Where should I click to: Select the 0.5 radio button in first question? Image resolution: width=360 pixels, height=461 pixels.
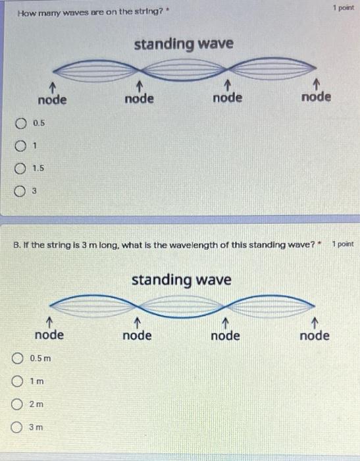point(22,122)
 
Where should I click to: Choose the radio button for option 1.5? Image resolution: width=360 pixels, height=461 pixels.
point(22,169)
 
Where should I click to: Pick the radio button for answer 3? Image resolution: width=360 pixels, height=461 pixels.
point(22,192)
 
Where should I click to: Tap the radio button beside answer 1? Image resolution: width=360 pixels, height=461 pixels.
point(22,146)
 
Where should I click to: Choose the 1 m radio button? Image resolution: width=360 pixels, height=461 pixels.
point(18,381)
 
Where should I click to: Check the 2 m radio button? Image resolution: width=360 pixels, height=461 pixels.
point(18,404)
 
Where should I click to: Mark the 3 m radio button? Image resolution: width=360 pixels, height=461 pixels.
point(18,427)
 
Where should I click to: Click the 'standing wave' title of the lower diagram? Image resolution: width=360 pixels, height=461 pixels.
point(182,280)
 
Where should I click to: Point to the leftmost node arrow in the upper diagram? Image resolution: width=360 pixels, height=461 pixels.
point(51,86)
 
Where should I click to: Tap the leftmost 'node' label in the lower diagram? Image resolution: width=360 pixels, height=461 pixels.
point(49,335)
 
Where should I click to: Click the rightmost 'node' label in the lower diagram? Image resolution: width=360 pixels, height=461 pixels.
point(315,335)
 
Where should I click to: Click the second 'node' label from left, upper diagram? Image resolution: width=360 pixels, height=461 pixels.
point(140,98)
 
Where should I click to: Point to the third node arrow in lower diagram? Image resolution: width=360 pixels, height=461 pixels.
point(225,323)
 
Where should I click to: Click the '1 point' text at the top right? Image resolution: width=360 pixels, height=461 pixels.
point(343,8)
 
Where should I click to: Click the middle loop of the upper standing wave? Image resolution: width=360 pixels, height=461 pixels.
point(184,69)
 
